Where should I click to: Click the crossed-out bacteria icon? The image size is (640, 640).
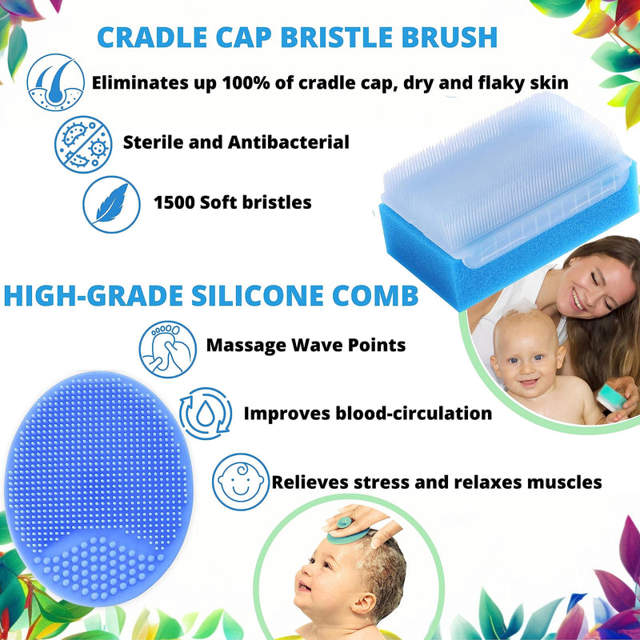point(81,142)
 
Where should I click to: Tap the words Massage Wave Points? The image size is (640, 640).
point(306,346)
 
